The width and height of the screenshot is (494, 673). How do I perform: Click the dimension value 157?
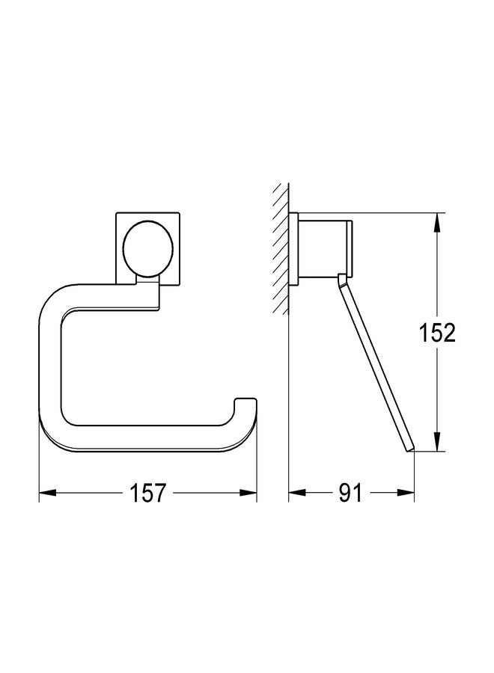click(x=148, y=494)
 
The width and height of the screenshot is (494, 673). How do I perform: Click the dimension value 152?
click(x=438, y=333)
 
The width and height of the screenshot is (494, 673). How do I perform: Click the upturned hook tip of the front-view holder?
click(x=246, y=405)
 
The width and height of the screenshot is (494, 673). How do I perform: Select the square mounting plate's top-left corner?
click(x=117, y=216)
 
